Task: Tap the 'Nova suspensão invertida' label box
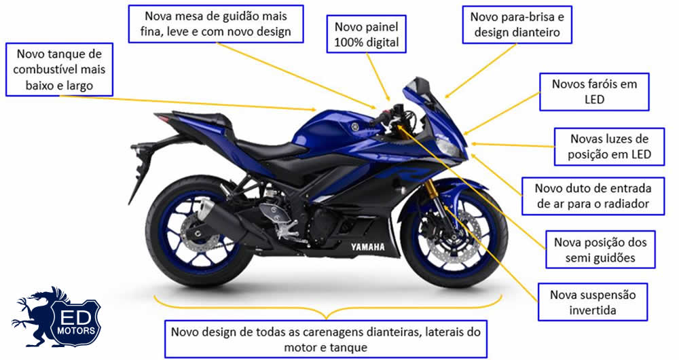(593, 302)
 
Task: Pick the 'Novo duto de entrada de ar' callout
(593, 196)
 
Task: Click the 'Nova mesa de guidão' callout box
(215, 24)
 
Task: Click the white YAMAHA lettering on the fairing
(367, 247)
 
